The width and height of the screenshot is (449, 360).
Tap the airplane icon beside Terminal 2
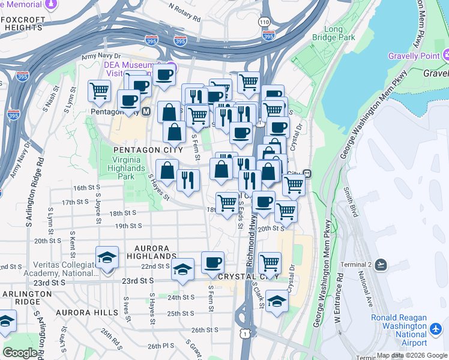381,265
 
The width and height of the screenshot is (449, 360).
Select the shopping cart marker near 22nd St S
270,262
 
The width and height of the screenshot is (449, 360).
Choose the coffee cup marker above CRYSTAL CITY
212,262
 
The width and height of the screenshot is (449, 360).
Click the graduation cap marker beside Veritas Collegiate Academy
107,257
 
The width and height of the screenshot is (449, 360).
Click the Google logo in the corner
20,353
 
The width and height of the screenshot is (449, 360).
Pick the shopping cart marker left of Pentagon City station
99,91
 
